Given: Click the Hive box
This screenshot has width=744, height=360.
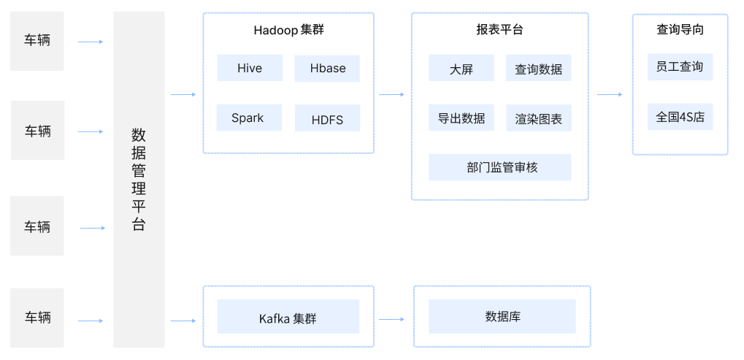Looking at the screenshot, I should pyautogui.click(x=249, y=69).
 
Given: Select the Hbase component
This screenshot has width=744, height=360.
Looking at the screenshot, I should pyautogui.click(x=327, y=69).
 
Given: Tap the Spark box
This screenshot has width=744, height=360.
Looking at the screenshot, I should pyautogui.click(x=249, y=118).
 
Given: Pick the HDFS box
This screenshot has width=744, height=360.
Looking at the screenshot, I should pyautogui.click(x=327, y=119).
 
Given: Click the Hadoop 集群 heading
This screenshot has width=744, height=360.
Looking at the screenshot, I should pyautogui.click(x=288, y=30).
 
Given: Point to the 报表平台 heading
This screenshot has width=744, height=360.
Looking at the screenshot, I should pyautogui.click(x=499, y=30).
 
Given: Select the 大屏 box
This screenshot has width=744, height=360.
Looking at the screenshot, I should pyautogui.click(x=461, y=69).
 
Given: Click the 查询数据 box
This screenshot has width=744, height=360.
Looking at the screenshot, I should pyautogui.click(x=538, y=69).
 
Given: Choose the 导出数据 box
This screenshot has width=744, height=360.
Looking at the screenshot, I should pyautogui.click(x=461, y=118).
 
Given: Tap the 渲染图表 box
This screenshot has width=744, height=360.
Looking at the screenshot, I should pyautogui.click(x=538, y=118).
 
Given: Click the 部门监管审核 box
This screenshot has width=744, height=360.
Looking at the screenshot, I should pyautogui.click(x=499, y=167).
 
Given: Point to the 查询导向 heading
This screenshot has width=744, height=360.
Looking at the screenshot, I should pyautogui.click(x=680, y=30).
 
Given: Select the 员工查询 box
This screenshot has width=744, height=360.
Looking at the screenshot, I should pyautogui.click(x=680, y=66).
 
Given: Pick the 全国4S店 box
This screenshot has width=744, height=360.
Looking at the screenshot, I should pyautogui.click(x=680, y=116).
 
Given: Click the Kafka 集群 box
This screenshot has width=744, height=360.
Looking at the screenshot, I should pyautogui.click(x=288, y=317).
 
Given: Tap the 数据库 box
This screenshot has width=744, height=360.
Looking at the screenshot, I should pyautogui.click(x=502, y=316).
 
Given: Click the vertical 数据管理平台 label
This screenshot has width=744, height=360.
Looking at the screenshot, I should pyautogui.click(x=139, y=180).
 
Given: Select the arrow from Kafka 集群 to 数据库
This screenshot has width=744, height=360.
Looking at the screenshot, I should pyautogui.click(x=391, y=320).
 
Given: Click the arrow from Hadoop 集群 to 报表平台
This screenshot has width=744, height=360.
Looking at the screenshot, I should pyautogui.click(x=391, y=95).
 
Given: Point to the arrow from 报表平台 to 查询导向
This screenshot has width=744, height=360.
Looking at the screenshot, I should pyautogui.click(x=609, y=95).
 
